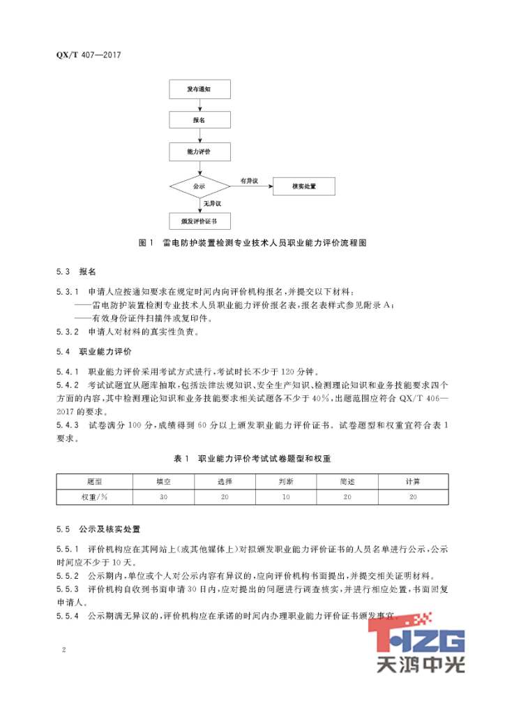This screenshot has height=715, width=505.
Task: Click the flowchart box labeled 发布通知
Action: [199, 90]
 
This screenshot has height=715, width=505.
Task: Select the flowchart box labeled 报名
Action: [199, 121]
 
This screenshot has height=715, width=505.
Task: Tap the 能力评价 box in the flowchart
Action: [199, 152]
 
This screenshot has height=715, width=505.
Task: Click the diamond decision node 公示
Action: [199, 186]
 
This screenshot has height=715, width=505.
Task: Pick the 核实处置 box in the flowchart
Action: [303, 186]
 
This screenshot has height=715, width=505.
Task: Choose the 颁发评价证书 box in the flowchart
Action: [199, 221]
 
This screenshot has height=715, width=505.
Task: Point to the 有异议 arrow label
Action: [249, 180]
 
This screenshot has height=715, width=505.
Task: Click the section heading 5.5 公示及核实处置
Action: [102, 529]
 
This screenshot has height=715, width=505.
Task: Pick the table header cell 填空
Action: [164, 482]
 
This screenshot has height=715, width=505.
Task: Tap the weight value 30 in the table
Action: [164, 496]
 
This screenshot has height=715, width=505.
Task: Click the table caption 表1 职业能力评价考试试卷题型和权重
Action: [252, 459]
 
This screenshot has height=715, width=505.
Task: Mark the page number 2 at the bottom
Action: [63, 651]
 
